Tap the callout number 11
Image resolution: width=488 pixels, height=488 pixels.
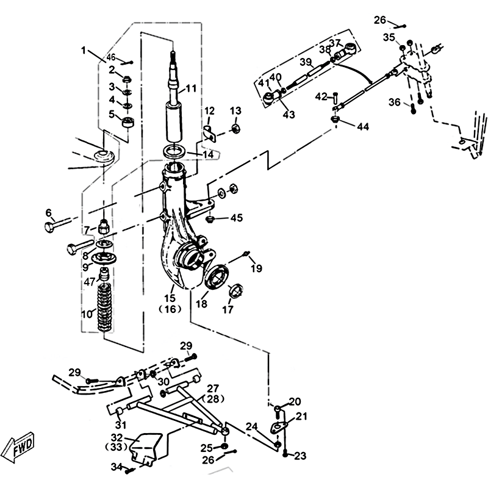(192, 88)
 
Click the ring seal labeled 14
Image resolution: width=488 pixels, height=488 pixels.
(175, 150)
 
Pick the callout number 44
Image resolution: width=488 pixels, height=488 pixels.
(362, 127)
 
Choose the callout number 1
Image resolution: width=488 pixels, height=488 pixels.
(84, 50)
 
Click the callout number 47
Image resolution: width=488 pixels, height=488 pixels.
(89, 281)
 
